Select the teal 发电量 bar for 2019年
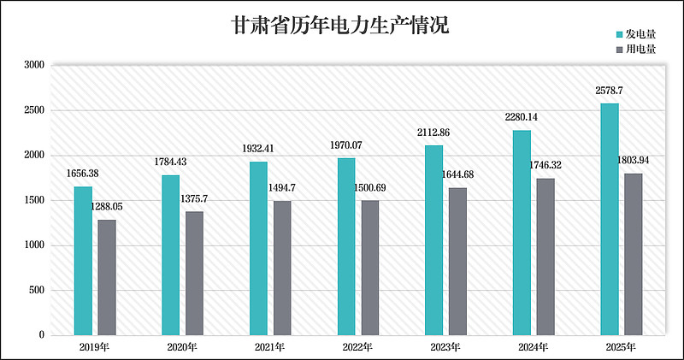(x=83, y=260)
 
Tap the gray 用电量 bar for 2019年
(x=107, y=277)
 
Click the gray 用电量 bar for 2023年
(x=457, y=261)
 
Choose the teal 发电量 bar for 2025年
(x=610, y=219)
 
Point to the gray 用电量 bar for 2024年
(x=545, y=257)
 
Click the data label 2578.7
(x=609, y=90)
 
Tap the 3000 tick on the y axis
(x=34, y=65)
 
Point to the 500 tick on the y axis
(x=37, y=291)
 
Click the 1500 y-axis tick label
(x=34, y=201)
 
